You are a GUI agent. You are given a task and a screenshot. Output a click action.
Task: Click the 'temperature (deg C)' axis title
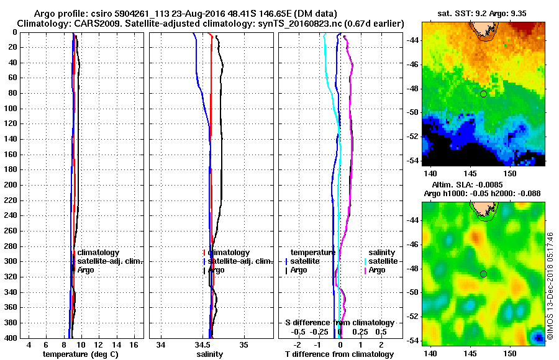pos(80,354)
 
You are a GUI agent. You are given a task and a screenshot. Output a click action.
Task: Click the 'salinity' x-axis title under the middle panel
pos(211,354)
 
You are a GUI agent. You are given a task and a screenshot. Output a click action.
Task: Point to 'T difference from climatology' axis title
pos(340,354)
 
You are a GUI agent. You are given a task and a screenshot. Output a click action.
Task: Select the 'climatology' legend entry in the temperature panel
pos(98,253)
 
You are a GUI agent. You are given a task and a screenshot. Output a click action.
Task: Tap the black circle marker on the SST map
pos(483,94)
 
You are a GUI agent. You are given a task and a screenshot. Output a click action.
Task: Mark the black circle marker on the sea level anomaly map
pos(483,274)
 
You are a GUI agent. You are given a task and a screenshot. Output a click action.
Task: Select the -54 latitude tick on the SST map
pos(412,161)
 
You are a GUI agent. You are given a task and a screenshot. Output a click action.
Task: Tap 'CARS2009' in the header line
pos(95,23)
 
